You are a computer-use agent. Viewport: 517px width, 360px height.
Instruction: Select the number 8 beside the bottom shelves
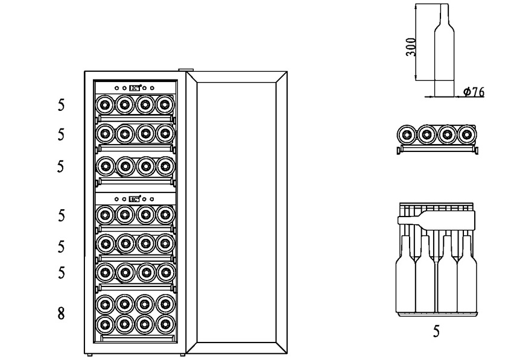(x=60, y=314)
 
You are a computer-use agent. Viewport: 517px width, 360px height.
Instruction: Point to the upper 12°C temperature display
(x=135, y=87)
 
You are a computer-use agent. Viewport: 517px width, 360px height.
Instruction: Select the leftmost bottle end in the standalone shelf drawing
(x=406, y=134)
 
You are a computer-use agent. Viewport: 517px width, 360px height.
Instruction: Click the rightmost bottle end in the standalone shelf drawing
(x=466, y=134)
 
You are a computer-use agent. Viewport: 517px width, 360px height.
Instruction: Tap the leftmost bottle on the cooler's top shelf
(x=104, y=104)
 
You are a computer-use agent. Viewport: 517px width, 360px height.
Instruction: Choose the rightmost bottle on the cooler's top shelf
(x=164, y=104)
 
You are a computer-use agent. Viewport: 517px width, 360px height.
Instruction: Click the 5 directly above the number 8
(x=60, y=273)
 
